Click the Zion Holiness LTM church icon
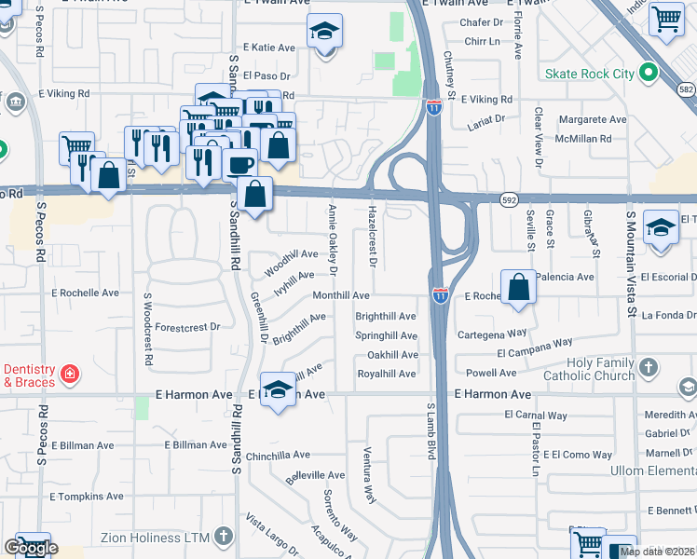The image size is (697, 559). [x=222, y=536]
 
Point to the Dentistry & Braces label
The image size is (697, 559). [x=29, y=375]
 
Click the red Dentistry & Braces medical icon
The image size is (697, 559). [x=69, y=375]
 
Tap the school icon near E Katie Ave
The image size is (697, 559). [x=325, y=33]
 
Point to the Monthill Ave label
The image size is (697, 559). [x=341, y=295]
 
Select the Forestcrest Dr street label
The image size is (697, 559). [x=187, y=327]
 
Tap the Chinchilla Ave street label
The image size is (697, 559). [x=278, y=456]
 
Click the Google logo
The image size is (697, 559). [x=30, y=549]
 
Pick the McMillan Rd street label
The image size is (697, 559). [x=580, y=139]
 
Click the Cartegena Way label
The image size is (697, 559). [x=492, y=333]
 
